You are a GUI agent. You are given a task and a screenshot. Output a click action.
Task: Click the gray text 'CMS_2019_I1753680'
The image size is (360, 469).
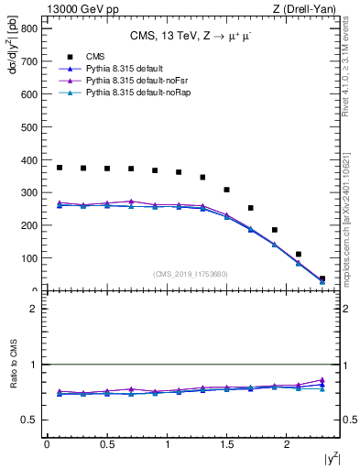(x=191, y=275)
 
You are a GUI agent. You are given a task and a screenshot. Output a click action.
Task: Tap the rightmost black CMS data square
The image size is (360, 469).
(x=322, y=279)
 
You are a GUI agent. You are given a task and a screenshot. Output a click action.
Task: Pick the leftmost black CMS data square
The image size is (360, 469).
(x=60, y=168)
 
